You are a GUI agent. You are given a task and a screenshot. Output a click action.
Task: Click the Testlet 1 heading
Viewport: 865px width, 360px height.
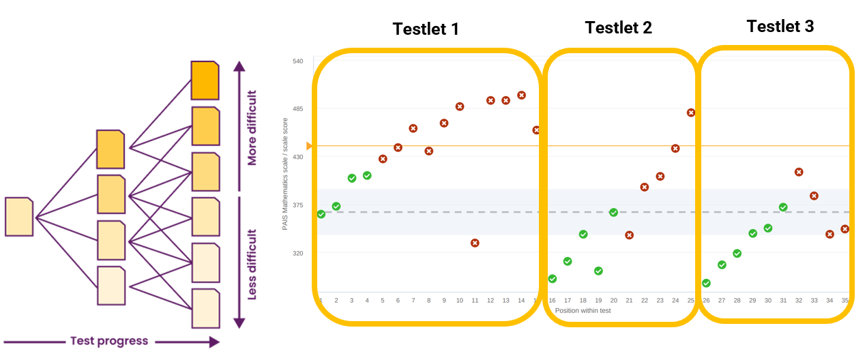tap(426, 29)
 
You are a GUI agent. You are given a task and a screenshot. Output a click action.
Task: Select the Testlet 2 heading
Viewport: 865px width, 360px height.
tap(618, 27)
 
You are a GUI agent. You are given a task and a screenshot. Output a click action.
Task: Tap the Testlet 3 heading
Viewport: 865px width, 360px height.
tap(780, 27)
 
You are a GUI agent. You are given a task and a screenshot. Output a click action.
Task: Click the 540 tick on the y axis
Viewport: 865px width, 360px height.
tap(298, 61)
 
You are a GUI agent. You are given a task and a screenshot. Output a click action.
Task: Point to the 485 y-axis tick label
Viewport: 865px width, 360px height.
tap(298, 108)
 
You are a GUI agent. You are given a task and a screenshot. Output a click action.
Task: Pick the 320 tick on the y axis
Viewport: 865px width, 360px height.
tap(298, 253)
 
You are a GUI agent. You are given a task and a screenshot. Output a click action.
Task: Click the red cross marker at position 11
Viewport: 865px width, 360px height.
tap(475, 243)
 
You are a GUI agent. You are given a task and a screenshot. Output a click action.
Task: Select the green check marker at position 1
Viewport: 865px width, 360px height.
tap(321, 214)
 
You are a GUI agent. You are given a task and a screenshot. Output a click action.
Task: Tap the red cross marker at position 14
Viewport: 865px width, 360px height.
tap(521, 95)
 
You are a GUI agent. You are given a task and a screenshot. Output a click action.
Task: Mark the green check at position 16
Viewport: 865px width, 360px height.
tap(553, 279)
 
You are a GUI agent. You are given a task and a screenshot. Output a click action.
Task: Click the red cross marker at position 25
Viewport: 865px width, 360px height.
tap(691, 112)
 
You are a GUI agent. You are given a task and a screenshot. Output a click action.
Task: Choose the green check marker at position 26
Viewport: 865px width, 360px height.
tap(706, 283)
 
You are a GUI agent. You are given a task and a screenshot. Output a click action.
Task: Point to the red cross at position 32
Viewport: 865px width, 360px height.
tap(799, 172)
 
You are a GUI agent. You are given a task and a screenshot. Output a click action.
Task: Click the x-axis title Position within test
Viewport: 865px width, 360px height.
tap(583, 310)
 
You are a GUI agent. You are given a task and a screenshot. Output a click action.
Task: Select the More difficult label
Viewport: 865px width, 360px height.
tap(252, 129)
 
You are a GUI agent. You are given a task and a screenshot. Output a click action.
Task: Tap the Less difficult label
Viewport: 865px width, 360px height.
tap(252, 265)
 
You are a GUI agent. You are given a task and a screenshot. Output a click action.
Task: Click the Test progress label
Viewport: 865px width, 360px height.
tap(109, 341)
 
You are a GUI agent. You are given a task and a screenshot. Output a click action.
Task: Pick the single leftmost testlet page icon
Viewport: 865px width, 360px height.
tap(19, 217)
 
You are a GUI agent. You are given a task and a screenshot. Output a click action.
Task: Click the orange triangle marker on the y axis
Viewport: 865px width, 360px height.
tap(309, 146)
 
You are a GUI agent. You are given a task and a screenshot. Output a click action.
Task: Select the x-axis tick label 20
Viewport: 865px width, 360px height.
tap(613, 300)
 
